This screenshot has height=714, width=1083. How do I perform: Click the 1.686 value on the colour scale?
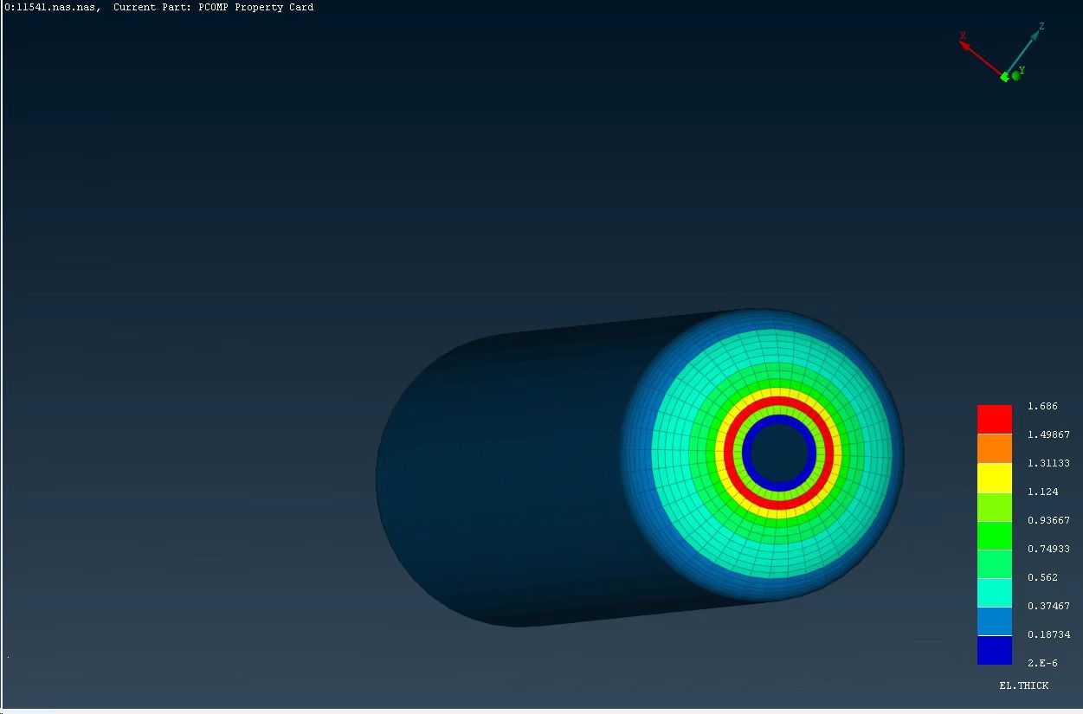click(x=1042, y=406)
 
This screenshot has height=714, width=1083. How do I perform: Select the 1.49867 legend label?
click(x=1048, y=434)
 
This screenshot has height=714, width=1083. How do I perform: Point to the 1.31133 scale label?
click(x=1048, y=463)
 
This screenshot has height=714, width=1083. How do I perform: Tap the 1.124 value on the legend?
click(x=1042, y=492)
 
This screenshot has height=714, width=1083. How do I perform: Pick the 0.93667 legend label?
click(x=1048, y=520)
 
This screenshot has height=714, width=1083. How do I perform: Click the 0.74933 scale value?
click(x=1048, y=549)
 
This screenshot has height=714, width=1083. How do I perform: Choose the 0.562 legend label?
click(x=1042, y=577)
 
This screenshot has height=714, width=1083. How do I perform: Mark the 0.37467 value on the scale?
click(x=1048, y=606)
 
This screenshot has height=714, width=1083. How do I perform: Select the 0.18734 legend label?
click(x=1048, y=634)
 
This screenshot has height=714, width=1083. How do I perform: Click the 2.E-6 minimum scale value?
click(x=1042, y=663)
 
